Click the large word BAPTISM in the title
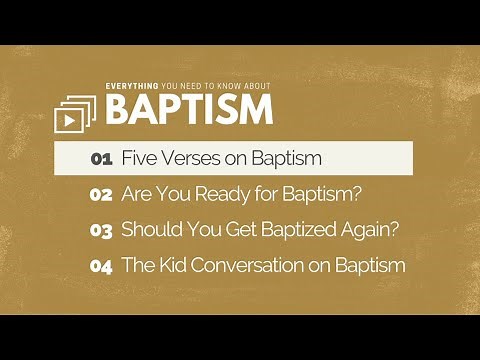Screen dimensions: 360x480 [x=189, y=110]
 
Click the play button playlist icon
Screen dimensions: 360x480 [x=74, y=116]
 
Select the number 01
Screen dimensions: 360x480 [x=101, y=159]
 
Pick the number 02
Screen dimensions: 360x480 [x=101, y=195]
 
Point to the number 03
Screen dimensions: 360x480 [x=101, y=230]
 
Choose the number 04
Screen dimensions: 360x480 [x=101, y=266]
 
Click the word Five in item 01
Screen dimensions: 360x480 [x=138, y=158]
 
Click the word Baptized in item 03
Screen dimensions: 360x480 [x=292, y=230]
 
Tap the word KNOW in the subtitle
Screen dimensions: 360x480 [x=227, y=86]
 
